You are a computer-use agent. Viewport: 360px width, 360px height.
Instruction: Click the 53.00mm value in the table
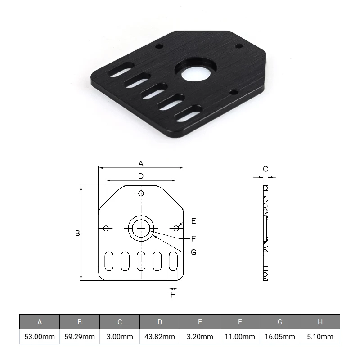pyautogui.click(x=40, y=337)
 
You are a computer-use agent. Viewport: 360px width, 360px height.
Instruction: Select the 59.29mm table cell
pyautogui.click(x=80, y=337)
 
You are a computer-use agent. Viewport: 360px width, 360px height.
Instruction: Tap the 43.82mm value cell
pyautogui.click(x=160, y=337)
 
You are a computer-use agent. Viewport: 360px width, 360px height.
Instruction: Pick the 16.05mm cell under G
pyautogui.click(x=280, y=337)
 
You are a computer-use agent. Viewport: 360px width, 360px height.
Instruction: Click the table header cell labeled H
pyautogui.click(x=320, y=322)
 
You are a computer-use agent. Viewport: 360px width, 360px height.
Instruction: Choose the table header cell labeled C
pyautogui.click(x=120, y=322)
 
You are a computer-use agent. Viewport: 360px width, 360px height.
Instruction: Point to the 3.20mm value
pyautogui.click(x=200, y=337)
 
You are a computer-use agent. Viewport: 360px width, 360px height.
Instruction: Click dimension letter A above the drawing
pyautogui.click(x=141, y=163)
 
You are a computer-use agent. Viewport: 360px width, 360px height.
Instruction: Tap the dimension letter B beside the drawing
pyautogui.click(x=77, y=234)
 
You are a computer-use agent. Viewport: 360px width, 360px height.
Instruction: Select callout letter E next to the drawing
pyautogui.click(x=193, y=221)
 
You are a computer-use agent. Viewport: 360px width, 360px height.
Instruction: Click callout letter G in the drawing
pyautogui.click(x=193, y=252)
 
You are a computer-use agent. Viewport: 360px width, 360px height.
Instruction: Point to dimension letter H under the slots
pyautogui.click(x=173, y=295)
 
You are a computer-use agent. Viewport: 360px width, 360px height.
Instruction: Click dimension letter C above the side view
pyautogui.click(x=265, y=169)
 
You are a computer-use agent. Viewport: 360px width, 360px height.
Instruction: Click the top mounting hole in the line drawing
pyautogui.click(x=141, y=193)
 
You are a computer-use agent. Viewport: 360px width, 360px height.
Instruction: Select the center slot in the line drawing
pyautogui.click(x=141, y=261)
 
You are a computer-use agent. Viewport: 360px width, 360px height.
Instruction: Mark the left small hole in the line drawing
pyautogui.click(x=106, y=229)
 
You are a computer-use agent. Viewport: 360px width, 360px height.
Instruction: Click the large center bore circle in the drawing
pyautogui.click(x=141, y=229)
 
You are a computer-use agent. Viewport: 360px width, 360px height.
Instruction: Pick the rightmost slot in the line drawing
pyautogui.click(x=173, y=261)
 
